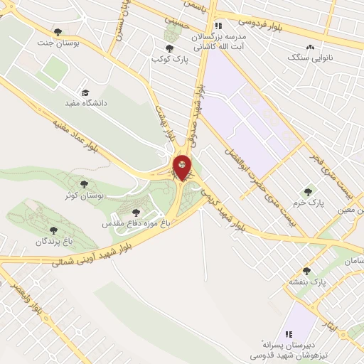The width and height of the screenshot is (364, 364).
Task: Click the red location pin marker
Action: point(183,168)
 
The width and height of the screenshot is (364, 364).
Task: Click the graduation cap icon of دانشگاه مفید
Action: point(85,92)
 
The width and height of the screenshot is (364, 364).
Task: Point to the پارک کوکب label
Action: point(168,60)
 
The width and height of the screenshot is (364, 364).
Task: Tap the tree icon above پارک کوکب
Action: point(168,49)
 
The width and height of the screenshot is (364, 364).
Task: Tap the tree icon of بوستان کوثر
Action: point(84,184)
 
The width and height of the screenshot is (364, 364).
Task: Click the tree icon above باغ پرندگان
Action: point(53,230)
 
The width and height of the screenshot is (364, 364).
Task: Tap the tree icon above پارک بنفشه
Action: point(307,271)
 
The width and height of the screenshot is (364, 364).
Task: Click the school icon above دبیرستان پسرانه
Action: point(289,334)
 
